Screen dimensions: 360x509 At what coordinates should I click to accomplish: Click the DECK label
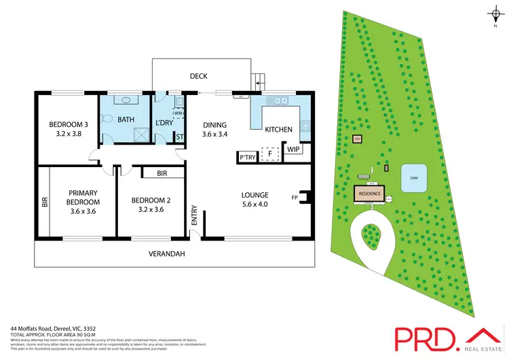tap(199, 77)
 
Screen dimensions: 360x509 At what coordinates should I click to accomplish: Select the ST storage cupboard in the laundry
tap(180, 137)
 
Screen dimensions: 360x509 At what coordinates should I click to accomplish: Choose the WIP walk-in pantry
tap(293, 149)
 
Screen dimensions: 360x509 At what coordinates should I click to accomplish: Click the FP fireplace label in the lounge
tap(295, 198)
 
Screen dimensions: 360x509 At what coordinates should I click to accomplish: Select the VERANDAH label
tap(168, 254)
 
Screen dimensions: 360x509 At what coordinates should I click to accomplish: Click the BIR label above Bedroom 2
tap(162, 174)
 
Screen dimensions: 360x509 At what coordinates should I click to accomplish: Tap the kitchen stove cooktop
tap(305, 125)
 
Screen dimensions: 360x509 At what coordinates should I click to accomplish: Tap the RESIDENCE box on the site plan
tap(370, 194)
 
